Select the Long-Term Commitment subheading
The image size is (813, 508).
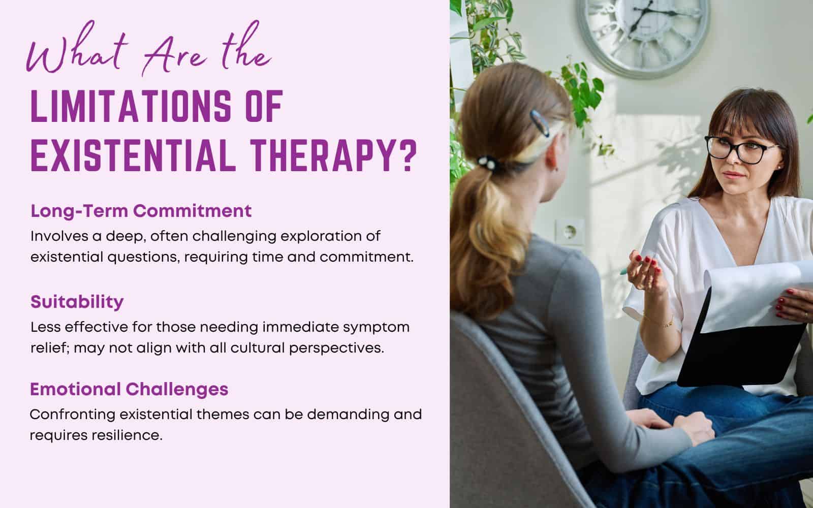click(141, 211)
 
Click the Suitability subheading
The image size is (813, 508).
click(77, 302)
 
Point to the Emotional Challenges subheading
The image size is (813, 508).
click(129, 389)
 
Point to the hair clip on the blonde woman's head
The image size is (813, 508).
click(538, 123)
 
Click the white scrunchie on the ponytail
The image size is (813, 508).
click(491, 163)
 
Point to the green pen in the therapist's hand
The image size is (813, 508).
click(624, 272)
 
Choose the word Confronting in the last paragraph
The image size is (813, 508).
click(72, 414)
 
